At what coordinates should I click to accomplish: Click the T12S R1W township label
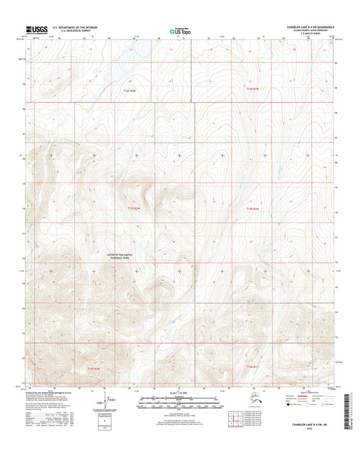click(x=252, y=89)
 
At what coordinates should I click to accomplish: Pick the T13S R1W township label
click(x=252, y=208)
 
